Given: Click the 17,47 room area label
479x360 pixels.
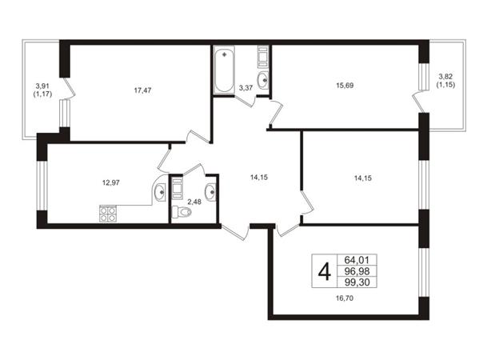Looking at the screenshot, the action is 142,90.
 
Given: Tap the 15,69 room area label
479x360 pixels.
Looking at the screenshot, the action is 345,86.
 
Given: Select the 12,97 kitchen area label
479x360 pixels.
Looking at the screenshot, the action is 111,182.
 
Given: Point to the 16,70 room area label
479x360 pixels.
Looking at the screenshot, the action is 345,298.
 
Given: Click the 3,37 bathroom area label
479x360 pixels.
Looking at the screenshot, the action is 245,88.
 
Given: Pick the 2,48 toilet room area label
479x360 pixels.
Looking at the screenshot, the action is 194,202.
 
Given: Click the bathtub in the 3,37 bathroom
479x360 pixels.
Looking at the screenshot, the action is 224,70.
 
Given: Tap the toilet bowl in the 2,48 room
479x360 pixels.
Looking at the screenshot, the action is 182,211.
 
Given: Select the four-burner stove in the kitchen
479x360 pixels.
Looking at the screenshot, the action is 108,214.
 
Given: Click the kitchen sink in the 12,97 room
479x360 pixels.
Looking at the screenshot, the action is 160,193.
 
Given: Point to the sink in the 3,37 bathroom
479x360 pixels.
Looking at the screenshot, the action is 263,80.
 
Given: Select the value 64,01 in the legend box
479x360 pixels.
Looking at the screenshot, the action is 357,260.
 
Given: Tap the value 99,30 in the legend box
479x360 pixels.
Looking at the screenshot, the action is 357,282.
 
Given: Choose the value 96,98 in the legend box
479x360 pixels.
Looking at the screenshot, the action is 357,271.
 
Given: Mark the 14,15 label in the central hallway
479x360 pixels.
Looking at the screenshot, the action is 259,178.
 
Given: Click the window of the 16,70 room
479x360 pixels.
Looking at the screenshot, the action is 424,272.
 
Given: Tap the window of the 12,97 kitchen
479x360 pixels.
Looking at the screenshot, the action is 42,186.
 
